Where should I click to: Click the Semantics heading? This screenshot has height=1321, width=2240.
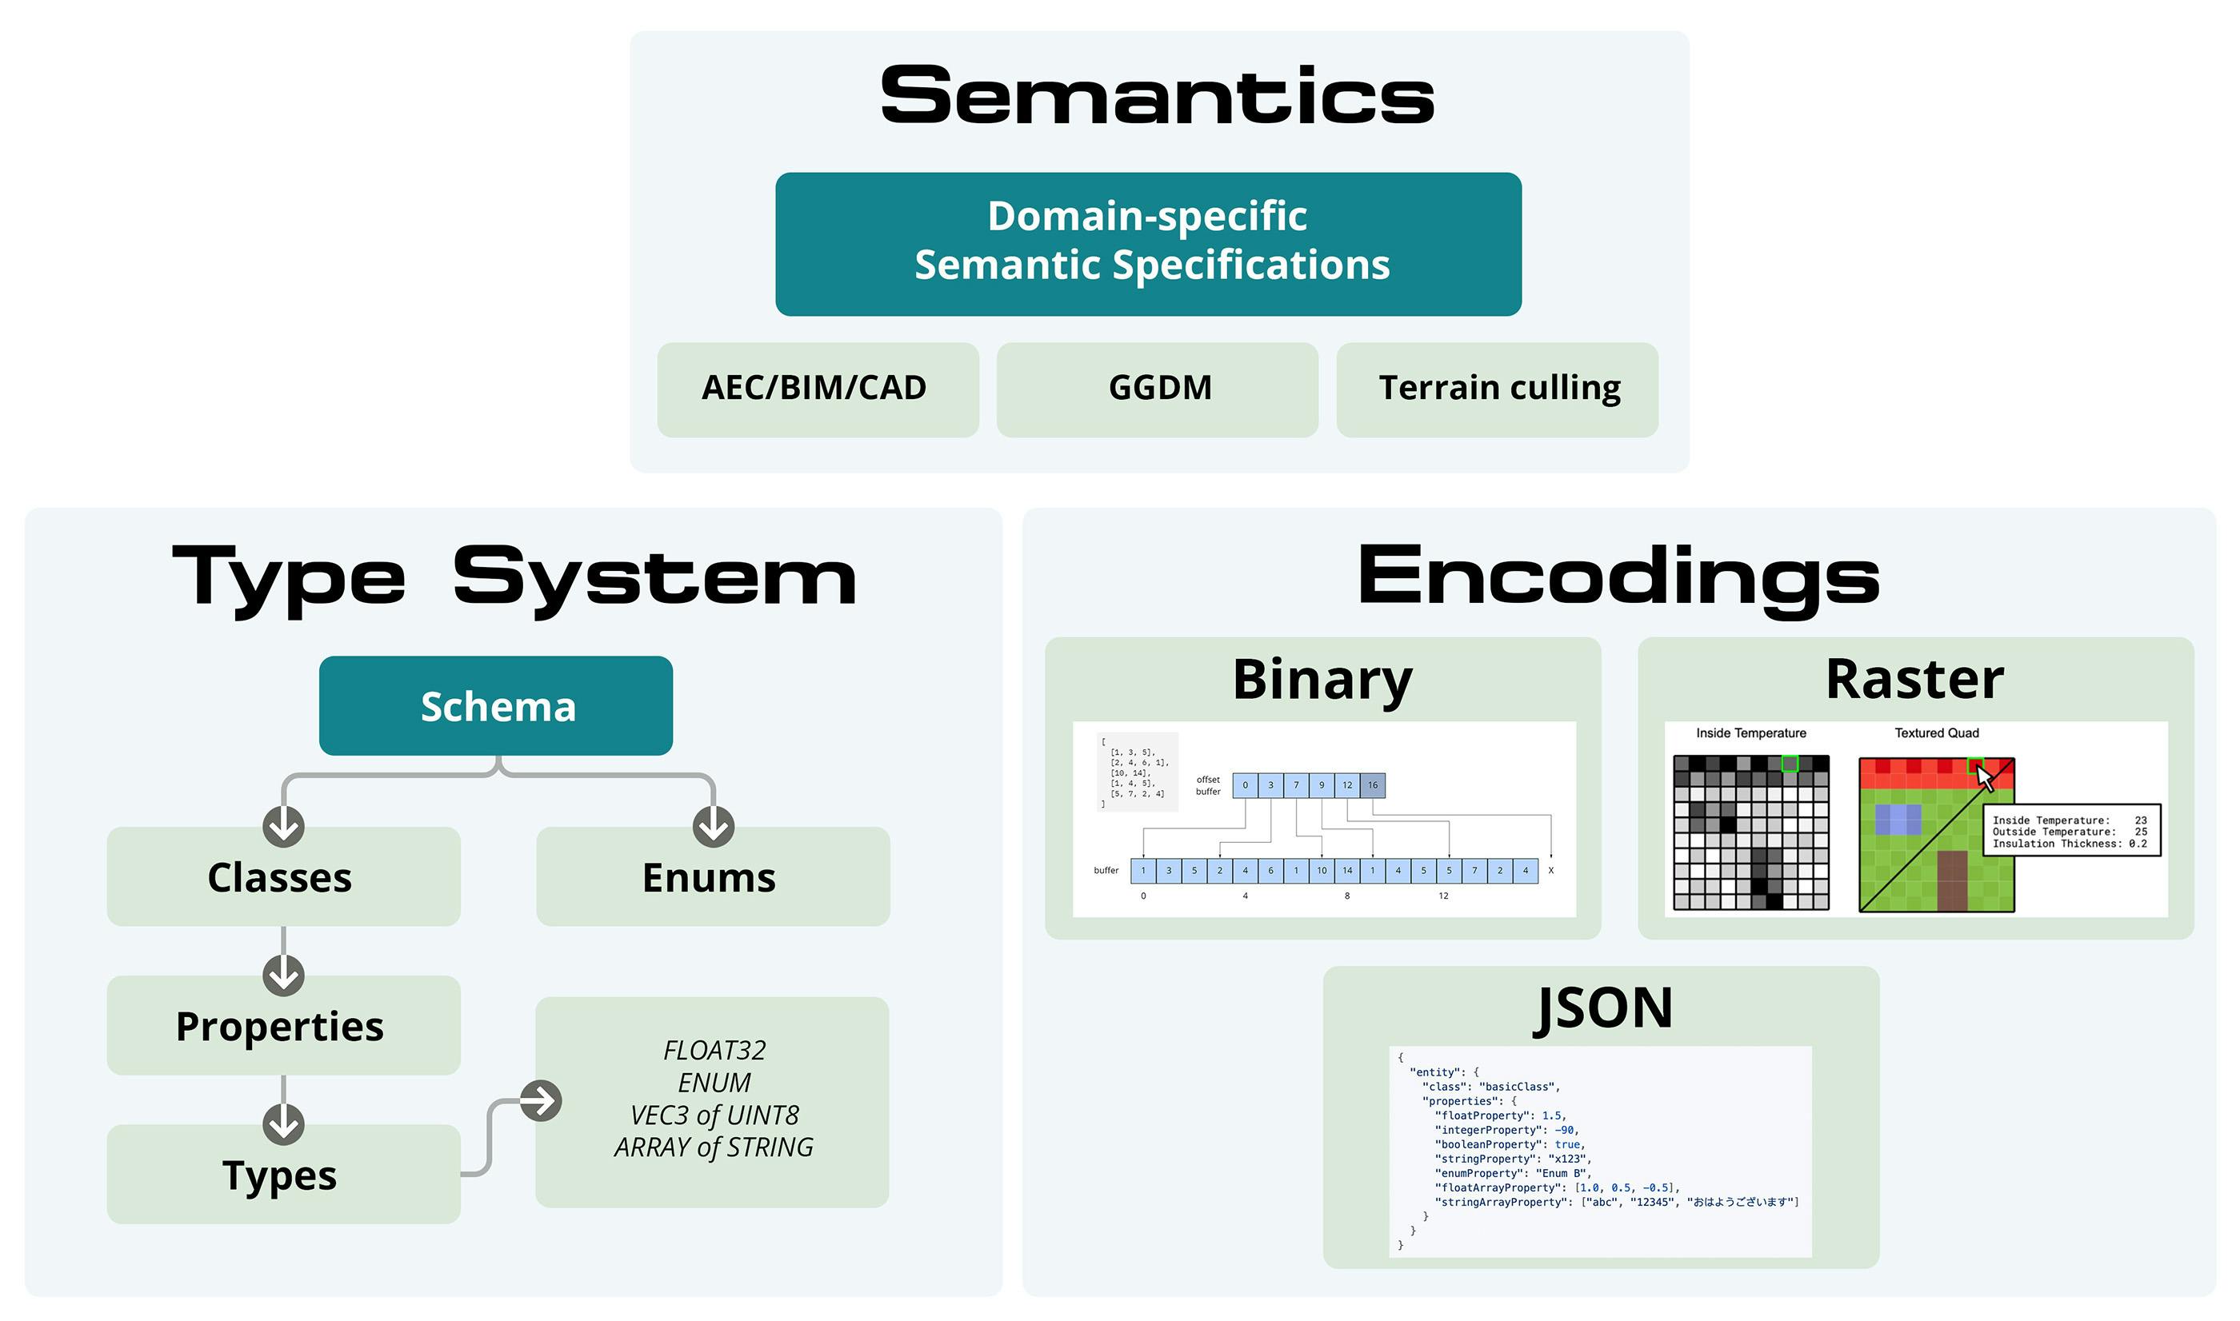pos(1157,95)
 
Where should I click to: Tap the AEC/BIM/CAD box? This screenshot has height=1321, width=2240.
pos(818,389)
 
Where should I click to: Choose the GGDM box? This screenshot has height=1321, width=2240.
pos(1157,389)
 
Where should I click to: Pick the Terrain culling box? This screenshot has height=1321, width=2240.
pos(1497,389)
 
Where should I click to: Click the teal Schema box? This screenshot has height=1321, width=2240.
pos(496,706)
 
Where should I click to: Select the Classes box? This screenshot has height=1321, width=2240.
pos(283,878)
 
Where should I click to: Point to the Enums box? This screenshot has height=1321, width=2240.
pos(712,878)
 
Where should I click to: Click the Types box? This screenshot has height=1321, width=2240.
pos(283,1175)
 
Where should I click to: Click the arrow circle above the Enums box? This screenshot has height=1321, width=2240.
pos(713,827)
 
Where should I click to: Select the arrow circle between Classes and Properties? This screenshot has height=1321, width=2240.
pos(283,976)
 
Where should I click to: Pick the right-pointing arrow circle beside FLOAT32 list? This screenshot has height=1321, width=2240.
pos(541,1101)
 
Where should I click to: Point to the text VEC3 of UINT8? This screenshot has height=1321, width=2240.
pos(714,1115)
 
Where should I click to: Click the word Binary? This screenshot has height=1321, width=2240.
pos(1322,679)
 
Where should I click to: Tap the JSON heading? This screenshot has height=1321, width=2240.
pos(1602,1008)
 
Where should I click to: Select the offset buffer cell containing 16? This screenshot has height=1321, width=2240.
pos(1372,785)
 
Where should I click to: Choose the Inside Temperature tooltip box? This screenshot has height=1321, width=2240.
pos(2071,832)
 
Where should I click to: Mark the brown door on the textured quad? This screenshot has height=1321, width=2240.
pos(1951,880)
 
